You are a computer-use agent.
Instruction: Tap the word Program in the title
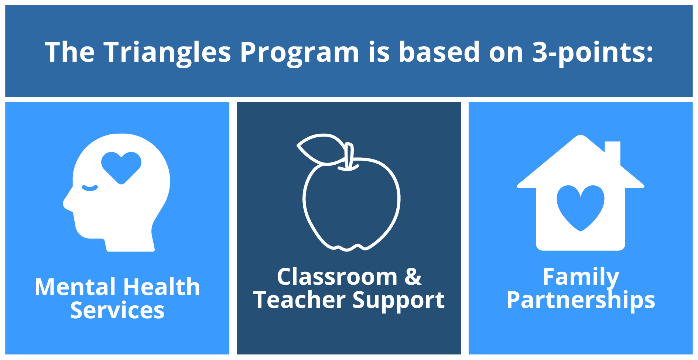click(x=299, y=52)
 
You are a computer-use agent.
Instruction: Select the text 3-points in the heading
click(x=592, y=52)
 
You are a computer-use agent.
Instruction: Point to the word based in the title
click(x=439, y=52)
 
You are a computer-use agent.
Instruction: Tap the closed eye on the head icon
click(x=90, y=188)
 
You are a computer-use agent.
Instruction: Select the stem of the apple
click(x=348, y=157)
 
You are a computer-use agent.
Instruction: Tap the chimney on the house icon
click(x=612, y=151)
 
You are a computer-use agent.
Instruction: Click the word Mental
click(x=75, y=287)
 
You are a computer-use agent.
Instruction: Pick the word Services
click(x=117, y=310)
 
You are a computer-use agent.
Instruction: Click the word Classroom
click(x=337, y=277)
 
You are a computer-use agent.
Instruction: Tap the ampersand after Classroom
click(x=413, y=277)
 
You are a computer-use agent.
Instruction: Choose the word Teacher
click(x=299, y=300)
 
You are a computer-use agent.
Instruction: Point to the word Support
click(x=398, y=301)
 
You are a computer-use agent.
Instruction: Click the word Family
click(x=581, y=277)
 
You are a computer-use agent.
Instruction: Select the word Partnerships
click(x=581, y=300)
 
